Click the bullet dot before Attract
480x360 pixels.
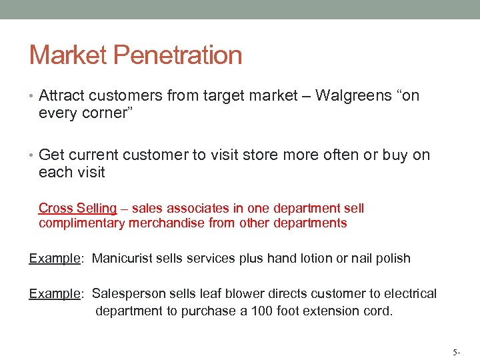pos(32,96)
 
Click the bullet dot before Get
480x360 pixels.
pos(32,155)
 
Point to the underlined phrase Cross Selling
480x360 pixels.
pos(77,209)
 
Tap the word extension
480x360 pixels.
pos(335,311)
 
